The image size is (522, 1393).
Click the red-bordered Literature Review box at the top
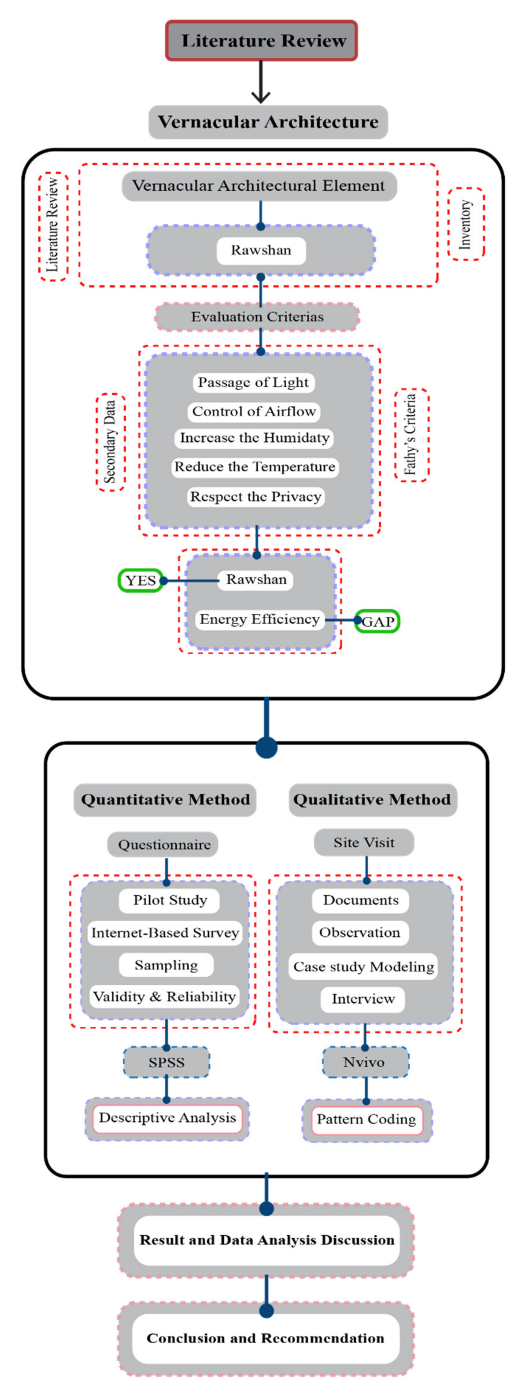pyautogui.click(x=261, y=41)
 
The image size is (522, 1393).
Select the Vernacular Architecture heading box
pyautogui.click(x=268, y=122)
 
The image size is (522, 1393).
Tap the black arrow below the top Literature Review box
pyautogui.click(x=261, y=82)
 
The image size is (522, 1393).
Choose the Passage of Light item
pyautogui.click(x=253, y=382)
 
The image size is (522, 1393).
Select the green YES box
pyautogui.click(x=141, y=581)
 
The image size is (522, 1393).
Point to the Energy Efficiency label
pyautogui.click(x=260, y=619)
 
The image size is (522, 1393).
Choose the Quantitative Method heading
pyautogui.click(x=165, y=800)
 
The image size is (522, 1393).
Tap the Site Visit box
pyautogui.click(x=364, y=843)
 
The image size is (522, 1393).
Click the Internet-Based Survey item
pyautogui.click(x=165, y=933)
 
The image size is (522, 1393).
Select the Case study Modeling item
pyautogui.click(x=364, y=966)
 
